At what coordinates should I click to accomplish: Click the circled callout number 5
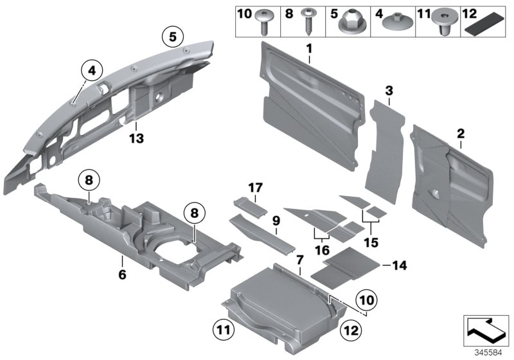172,37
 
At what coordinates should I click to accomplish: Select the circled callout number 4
92,70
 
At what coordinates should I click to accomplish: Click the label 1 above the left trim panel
309,49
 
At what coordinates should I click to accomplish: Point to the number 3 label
389,91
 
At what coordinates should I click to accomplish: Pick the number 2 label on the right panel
460,134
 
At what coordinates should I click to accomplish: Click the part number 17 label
256,188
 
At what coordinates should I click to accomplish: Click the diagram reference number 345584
490,352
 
